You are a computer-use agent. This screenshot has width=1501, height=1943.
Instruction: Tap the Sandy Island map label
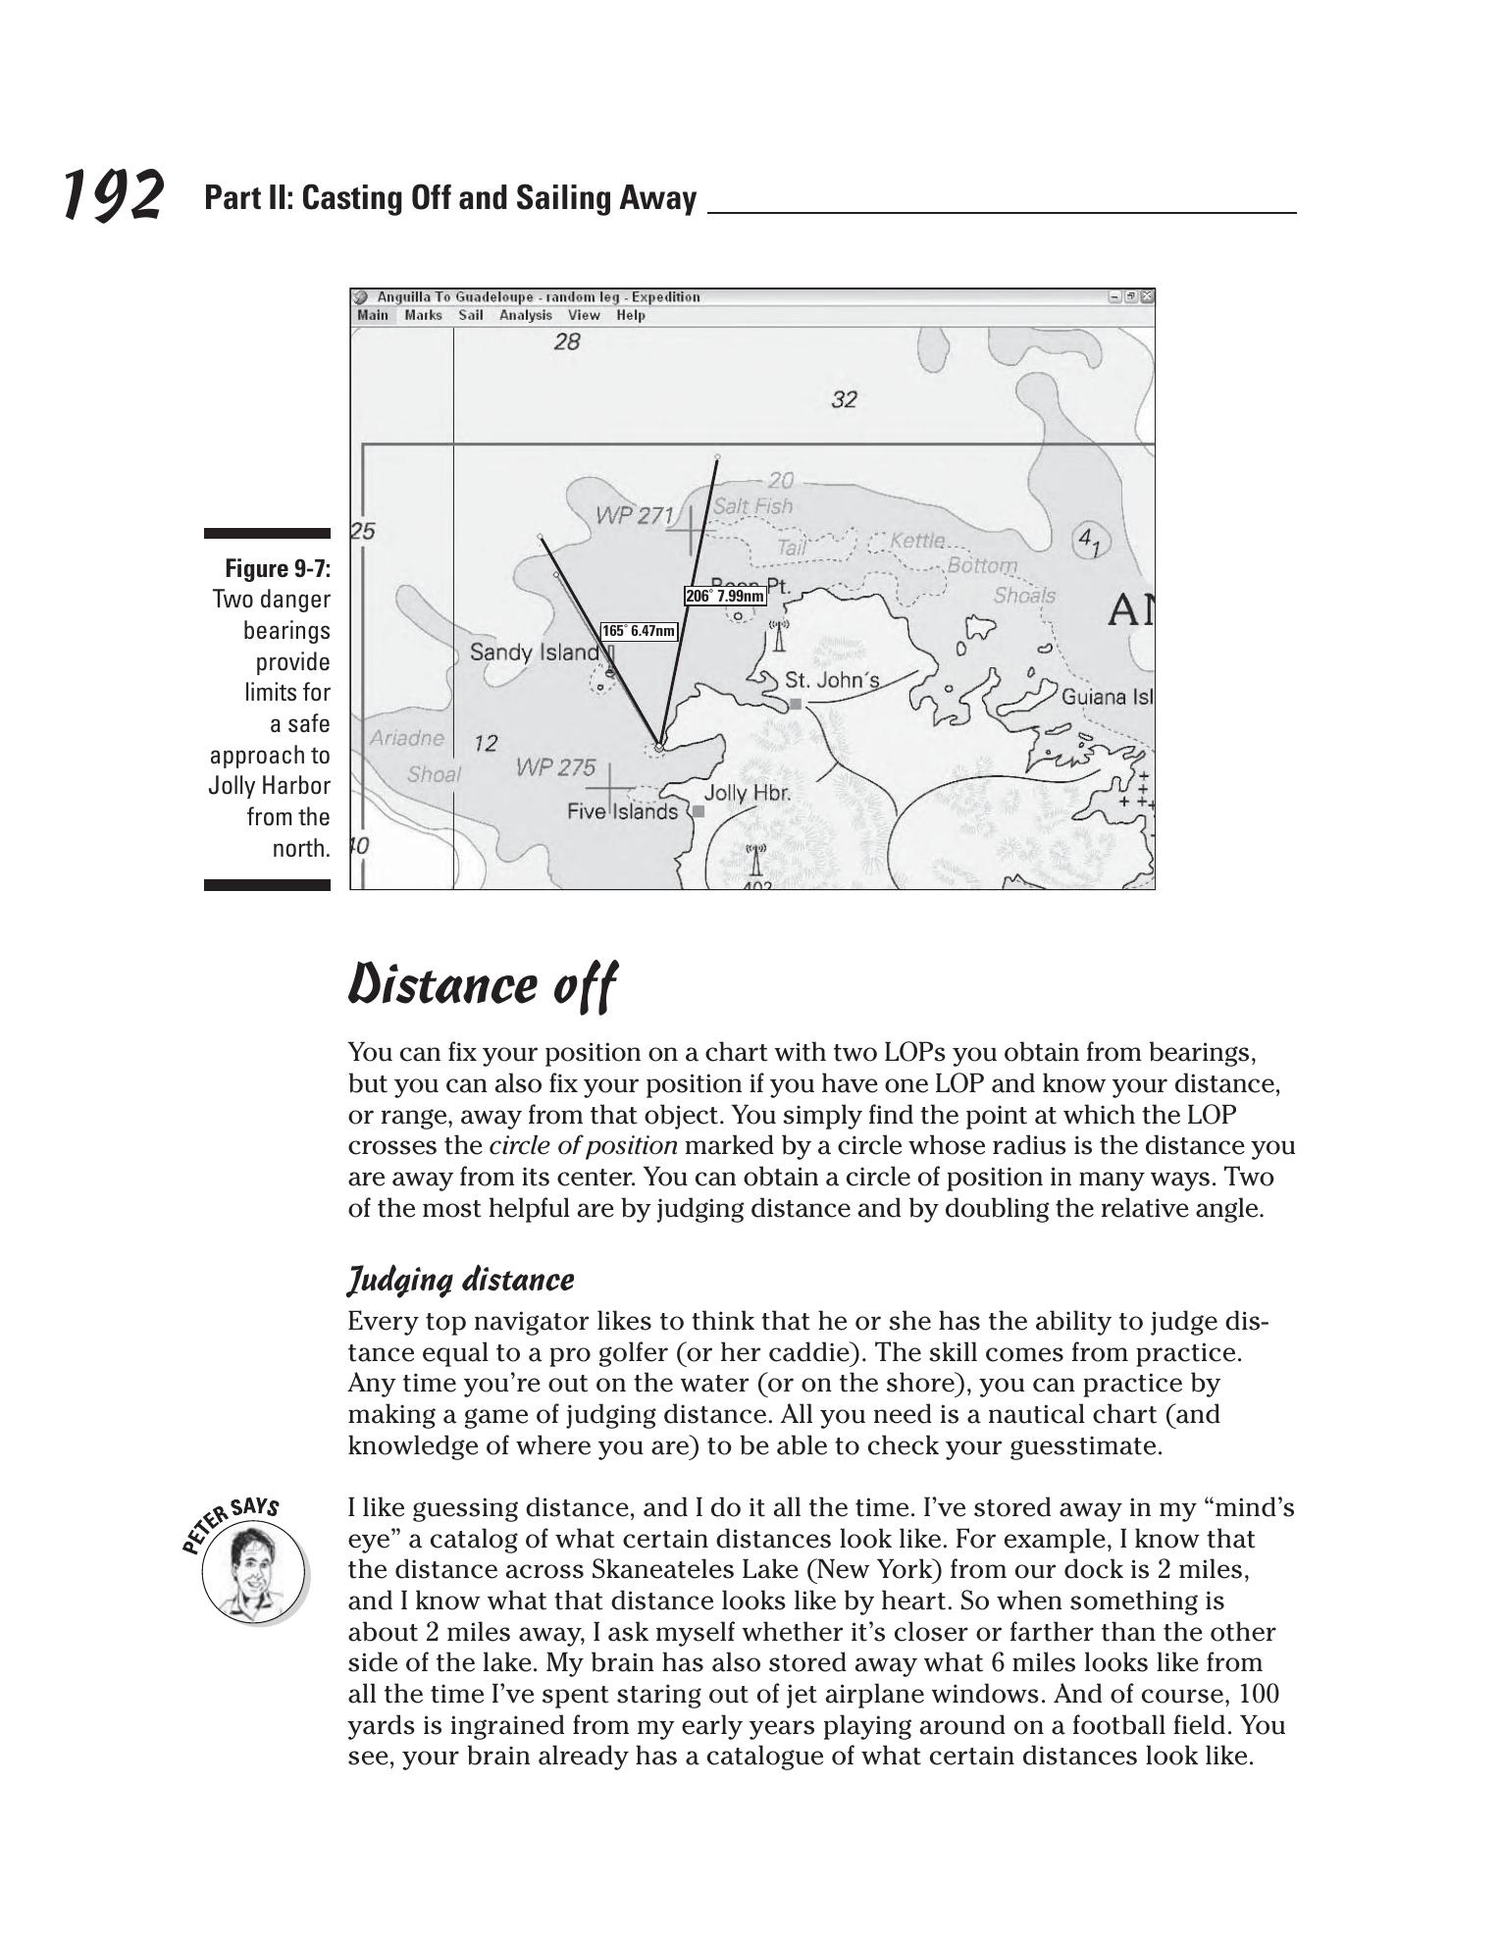pos(534,653)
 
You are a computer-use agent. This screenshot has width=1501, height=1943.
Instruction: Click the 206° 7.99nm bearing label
pos(725,596)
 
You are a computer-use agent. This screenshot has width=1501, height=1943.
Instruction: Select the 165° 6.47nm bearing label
pos(639,631)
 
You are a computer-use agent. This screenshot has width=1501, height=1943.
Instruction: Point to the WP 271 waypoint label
pos(635,515)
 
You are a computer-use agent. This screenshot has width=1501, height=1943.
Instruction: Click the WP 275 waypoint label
pos(555,768)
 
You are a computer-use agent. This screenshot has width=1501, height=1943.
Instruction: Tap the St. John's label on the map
pos(832,680)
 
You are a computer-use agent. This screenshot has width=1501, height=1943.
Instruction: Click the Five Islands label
pos(622,812)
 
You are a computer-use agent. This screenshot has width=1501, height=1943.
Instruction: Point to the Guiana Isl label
pos(1107,697)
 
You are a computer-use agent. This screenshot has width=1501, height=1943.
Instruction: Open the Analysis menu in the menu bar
pos(525,315)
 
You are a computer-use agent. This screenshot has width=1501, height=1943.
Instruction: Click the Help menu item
pos(631,315)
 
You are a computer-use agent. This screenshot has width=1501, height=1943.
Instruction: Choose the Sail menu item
pos(471,315)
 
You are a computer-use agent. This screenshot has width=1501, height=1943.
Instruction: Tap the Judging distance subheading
pos(461,1280)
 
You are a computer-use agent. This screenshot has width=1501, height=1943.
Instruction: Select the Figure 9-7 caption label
pos(278,569)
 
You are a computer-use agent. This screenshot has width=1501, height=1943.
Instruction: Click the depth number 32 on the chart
pos(844,399)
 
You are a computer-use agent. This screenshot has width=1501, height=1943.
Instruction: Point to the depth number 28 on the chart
pos(567,341)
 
